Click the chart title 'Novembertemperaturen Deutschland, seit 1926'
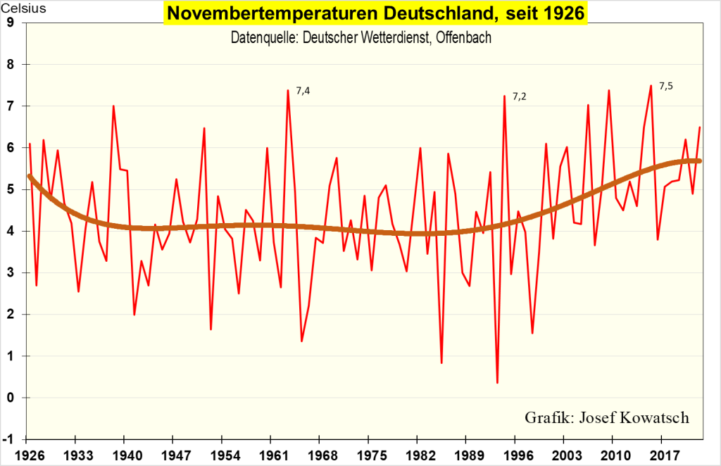[x=375, y=14]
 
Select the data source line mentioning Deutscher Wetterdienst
[x=361, y=37]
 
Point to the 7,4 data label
[x=303, y=90]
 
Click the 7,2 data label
[x=519, y=96]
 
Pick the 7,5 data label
[x=666, y=86]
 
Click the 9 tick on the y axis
[x=10, y=23]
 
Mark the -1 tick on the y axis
[x=8, y=439]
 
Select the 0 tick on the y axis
[x=10, y=398]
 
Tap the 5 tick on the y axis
[x=10, y=189]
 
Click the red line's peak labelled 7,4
[x=288, y=90]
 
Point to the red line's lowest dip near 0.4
[x=497, y=382]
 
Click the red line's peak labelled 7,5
[x=651, y=86]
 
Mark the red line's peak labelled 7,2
[x=504, y=96]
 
